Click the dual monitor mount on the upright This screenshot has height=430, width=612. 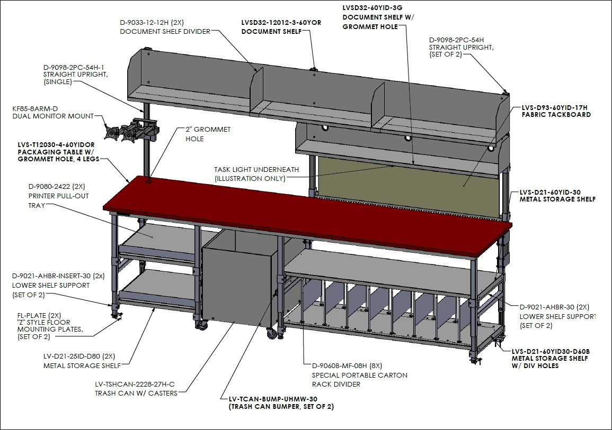tap(131, 130)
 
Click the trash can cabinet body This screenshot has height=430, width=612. tap(238, 280)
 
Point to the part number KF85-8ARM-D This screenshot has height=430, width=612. tap(35, 108)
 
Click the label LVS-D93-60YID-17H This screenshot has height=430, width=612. tap(555, 107)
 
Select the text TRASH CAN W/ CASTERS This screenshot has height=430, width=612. tap(136, 394)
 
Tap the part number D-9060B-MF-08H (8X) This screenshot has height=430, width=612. tap(347, 365)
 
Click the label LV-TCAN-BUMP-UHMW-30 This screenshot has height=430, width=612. tap(273, 399)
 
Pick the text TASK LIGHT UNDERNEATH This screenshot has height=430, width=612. tap(256, 169)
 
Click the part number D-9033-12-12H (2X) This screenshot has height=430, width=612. tap(152, 23)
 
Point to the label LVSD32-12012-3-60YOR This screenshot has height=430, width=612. tap(281, 23)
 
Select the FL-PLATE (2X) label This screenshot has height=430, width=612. tap(39, 315)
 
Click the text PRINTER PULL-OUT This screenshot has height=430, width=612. tap(58, 196)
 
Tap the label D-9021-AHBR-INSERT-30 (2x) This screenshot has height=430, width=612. tap(58, 276)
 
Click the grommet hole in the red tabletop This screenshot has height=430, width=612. tap(149, 181)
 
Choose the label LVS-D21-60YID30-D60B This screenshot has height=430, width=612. tap(551, 351)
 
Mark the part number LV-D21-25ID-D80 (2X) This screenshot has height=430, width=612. tap(79, 356)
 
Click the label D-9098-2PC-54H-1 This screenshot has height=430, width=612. tap(74, 67)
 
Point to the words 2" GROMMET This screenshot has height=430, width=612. tap(208, 129)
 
